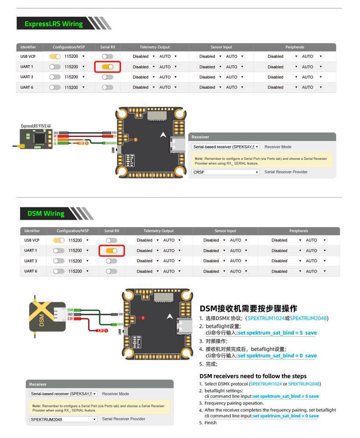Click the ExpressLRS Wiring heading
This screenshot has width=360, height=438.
(53, 24)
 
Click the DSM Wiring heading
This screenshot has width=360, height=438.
(46, 213)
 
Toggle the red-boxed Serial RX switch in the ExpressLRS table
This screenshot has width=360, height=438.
(108, 67)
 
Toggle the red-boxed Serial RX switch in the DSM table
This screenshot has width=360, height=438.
(111, 250)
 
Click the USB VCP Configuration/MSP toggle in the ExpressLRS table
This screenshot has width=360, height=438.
(55, 56)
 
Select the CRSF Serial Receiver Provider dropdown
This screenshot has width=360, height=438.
(226, 172)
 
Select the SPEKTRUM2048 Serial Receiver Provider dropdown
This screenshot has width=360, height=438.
(63, 419)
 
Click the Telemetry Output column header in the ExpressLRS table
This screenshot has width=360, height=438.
(154, 47)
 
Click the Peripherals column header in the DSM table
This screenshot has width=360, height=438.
(298, 231)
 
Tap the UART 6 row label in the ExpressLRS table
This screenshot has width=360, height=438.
(27, 87)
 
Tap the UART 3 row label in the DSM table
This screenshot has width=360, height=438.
(31, 261)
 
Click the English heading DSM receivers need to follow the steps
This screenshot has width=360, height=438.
(253, 376)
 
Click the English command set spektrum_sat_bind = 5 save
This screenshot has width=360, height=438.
(286, 397)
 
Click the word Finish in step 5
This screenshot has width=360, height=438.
(211, 423)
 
